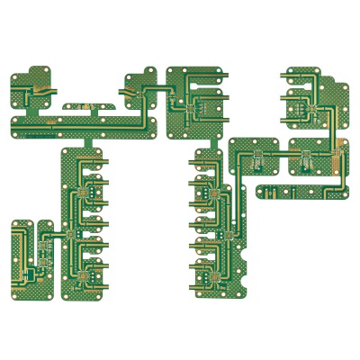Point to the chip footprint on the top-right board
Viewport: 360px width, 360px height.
coord(308,109)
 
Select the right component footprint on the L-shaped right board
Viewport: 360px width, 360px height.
coord(306,161)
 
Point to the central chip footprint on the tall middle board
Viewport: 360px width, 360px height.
coord(228,235)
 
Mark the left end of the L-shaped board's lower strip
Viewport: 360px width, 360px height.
coord(260,190)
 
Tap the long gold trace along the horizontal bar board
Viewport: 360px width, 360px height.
coord(90,117)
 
